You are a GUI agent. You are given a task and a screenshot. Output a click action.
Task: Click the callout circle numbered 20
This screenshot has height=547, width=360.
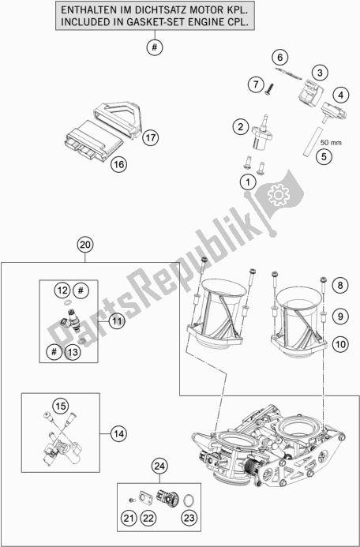(x=85, y=245)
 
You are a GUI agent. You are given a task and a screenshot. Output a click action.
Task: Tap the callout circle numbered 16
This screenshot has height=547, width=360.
(x=118, y=164)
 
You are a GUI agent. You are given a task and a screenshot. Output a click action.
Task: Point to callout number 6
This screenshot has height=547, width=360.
(x=279, y=56)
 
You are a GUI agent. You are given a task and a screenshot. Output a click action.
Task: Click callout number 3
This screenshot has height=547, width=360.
(x=318, y=73)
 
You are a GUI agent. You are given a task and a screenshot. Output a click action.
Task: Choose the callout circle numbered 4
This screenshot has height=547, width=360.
(x=340, y=96)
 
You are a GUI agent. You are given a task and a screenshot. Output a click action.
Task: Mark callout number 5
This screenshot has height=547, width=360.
(x=323, y=156)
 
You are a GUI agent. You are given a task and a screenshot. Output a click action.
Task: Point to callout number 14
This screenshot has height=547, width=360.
(x=118, y=433)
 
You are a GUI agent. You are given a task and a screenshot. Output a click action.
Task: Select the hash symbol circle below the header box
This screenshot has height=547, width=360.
(x=155, y=47)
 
